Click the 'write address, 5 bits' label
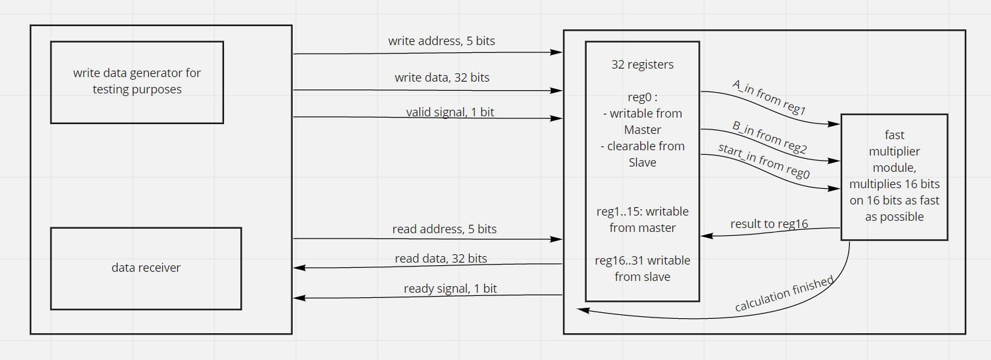pos(441,41)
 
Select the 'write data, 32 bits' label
pos(442,78)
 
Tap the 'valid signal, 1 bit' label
pos(449,112)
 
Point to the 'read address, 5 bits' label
pos(444,229)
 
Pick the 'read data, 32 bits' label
pos(440,259)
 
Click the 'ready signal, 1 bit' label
pos(449,289)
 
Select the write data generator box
pos(137,82)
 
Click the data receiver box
pos(146,268)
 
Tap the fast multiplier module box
pos(894,176)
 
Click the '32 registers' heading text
pos(642,65)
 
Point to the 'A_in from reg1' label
pos(769,99)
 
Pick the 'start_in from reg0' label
pos(763,161)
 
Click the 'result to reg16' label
pos(769,224)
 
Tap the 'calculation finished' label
pos(784,294)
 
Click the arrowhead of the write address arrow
pos(557,52)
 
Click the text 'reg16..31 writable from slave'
pos(642,269)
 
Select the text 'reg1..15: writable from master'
pos(642,220)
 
